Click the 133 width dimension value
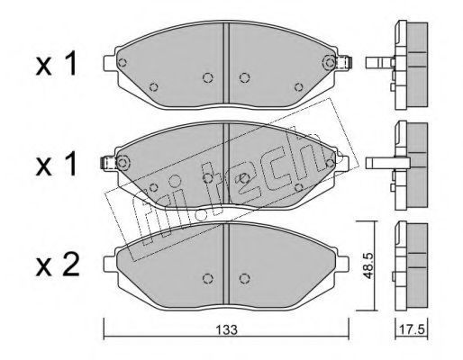[228, 329]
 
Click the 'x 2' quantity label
[58, 265]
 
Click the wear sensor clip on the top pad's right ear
[345, 63]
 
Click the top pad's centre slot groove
[226, 64]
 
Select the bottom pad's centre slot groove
[226, 265]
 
